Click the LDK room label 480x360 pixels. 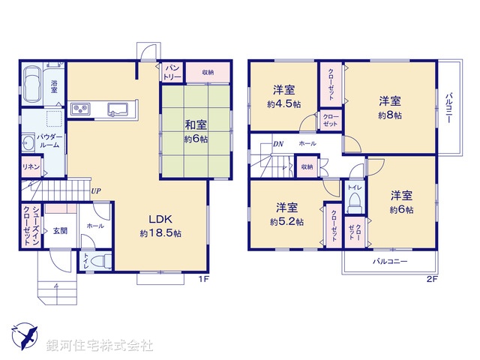pyautogui.click(x=160, y=219)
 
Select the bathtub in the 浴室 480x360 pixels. pyautogui.click(x=32, y=79)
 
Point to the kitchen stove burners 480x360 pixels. pyautogui.click(x=80, y=110)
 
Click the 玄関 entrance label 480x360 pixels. pyautogui.click(x=60, y=231)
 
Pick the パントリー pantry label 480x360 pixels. pyautogui.click(x=172, y=72)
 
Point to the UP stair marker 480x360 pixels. pyautogui.click(x=96, y=191)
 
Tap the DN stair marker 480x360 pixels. pyautogui.click(x=277, y=142)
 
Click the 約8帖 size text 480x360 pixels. pyautogui.click(x=389, y=116)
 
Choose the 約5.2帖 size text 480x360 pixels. pyautogui.click(x=287, y=222)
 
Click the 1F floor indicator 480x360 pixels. pyautogui.click(x=202, y=280)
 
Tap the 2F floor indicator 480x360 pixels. pyautogui.click(x=431, y=280)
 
